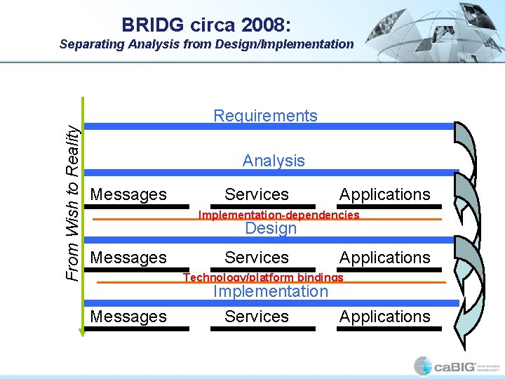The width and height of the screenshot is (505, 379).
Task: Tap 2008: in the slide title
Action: click(x=264, y=25)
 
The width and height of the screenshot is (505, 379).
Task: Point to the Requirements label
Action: click(x=265, y=116)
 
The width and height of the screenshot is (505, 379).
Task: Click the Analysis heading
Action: click(x=274, y=161)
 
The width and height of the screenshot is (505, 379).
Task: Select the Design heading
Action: click(x=271, y=228)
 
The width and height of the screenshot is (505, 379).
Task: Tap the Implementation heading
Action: click(x=270, y=291)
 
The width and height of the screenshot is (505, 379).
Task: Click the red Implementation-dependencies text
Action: click(x=278, y=215)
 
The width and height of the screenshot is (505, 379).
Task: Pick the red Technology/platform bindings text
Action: click(x=263, y=277)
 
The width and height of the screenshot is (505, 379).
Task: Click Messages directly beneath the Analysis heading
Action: click(x=128, y=194)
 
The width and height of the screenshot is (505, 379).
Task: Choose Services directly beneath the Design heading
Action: click(x=257, y=258)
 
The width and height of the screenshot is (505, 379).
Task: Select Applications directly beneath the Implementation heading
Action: click(x=384, y=317)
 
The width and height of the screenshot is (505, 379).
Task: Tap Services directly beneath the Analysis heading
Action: click(x=257, y=194)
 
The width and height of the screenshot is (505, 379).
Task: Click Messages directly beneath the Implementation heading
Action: click(x=128, y=317)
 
